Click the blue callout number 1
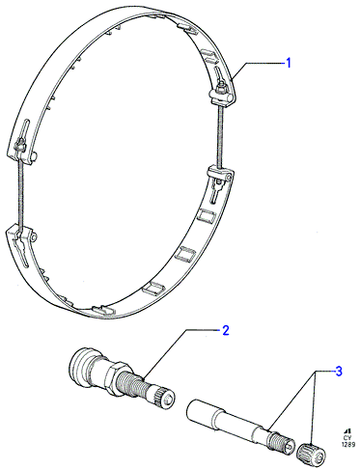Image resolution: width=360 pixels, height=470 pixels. point(289,63)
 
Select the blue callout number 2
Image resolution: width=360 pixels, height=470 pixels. point(226,330)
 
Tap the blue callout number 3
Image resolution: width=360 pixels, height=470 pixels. point(339,372)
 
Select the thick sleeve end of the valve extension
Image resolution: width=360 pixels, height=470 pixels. point(202,412)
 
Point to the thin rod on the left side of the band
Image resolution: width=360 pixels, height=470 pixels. point(20,193)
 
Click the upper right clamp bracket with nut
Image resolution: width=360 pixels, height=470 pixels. point(221,94)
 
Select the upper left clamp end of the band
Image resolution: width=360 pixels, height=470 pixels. point(22,148)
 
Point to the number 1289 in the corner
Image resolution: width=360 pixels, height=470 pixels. point(348,444)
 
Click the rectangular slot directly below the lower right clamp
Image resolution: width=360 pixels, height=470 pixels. point(206,215)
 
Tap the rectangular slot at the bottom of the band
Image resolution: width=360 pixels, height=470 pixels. point(104,310)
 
